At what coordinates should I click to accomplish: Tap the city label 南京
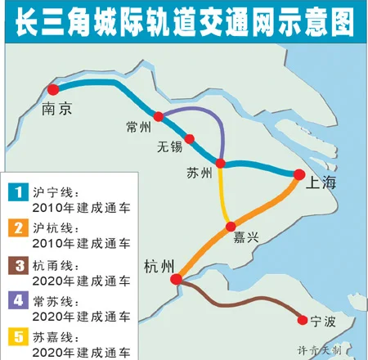click(x=52, y=109)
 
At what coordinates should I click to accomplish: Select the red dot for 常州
click(x=159, y=117)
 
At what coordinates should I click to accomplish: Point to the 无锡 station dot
click(x=190, y=138)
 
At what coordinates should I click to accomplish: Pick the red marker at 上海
click(x=299, y=173)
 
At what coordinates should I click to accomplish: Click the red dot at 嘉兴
click(x=231, y=225)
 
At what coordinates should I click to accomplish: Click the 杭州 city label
click(x=158, y=266)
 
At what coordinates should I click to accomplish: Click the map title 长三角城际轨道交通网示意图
click(x=184, y=20)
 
